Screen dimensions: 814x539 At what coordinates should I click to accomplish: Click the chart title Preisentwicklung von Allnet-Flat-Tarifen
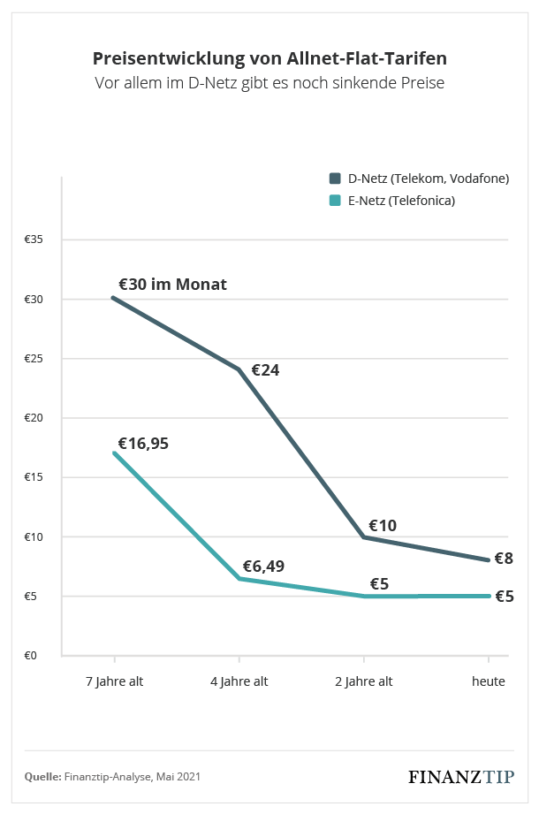[x=269, y=58]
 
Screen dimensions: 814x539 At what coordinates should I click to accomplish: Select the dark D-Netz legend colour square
[x=335, y=179]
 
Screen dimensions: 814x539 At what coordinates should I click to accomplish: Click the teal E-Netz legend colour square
[x=335, y=201]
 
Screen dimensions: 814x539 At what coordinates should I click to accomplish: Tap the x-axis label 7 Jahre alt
[x=114, y=681]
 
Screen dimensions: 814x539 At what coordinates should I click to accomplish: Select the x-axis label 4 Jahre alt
[x=239, y=681]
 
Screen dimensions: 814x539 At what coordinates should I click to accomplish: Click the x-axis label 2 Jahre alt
[x=363, y=681]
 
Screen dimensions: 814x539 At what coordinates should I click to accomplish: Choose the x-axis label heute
[x=489, y=681]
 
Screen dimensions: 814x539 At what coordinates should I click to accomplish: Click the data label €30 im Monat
[x=172, y=285]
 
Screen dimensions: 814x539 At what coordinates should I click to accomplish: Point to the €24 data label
[x=265, y=370]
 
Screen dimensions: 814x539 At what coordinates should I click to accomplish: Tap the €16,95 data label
[x=143, y=444]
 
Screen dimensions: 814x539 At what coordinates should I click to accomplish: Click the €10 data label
[x=382, y=526]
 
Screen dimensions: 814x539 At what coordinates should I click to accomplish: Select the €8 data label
[x=504, y=559]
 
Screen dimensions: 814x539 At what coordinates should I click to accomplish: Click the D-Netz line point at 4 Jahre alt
[x=239, y=369]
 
